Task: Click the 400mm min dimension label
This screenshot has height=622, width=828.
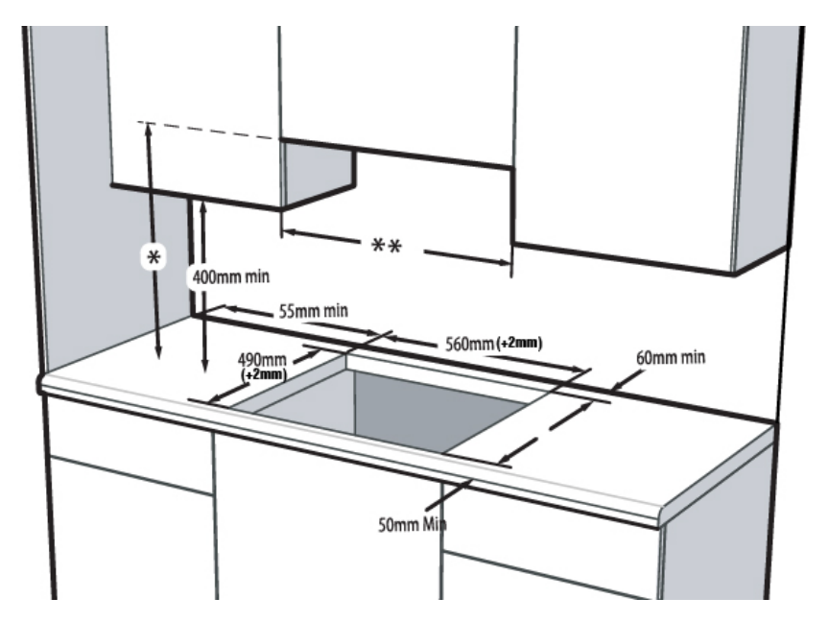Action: pos(230,276)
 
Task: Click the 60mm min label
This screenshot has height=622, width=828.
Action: pos(671,358)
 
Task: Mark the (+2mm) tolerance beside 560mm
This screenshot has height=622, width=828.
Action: pos(520,344)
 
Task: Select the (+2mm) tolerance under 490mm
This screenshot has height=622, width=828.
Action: pos(264,374)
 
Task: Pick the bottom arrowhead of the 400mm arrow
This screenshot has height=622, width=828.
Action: pos(204,370)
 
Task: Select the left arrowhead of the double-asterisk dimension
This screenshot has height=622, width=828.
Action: pos(287,231)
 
